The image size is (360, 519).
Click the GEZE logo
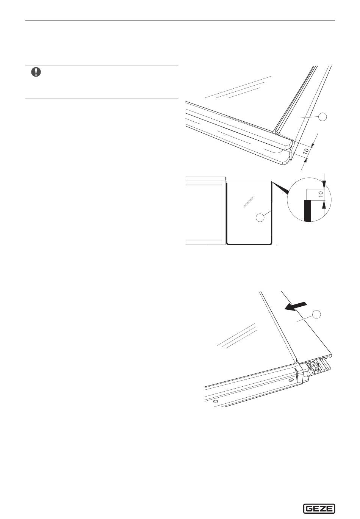[319, 509]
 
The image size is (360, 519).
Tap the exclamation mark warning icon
[36, 72]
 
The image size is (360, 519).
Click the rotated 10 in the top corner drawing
[306, 151]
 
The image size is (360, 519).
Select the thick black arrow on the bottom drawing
[295, 306]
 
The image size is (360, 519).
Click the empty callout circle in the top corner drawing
[322, 117]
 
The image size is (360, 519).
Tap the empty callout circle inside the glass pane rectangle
[260, 217]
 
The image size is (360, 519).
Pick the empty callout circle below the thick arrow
[316, 315]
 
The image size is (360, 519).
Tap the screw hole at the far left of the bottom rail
[216, 401]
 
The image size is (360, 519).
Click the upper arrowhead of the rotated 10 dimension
[312, 145]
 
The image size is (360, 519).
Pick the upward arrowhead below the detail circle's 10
[324, 204]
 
